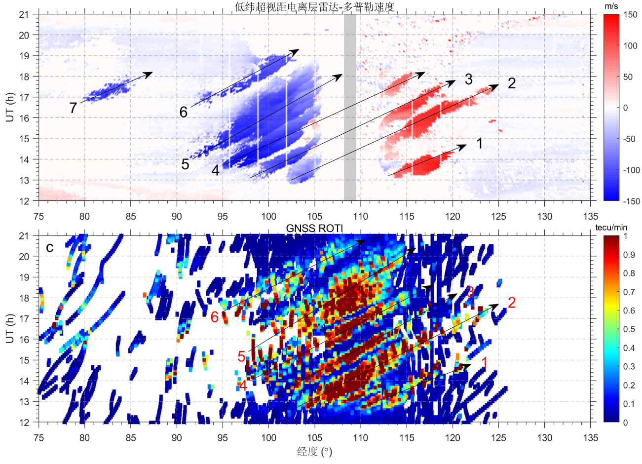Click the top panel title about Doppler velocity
[315, 6]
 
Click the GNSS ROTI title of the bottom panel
[314, 228]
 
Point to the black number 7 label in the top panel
[73, 108]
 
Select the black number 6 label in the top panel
[184, 112]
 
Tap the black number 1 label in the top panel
[479, 143]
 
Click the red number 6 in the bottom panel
[215, 317]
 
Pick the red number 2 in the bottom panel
[512, 303]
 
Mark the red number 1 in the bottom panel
[484, 363]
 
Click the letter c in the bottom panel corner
[49, 247]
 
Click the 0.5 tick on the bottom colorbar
[629, 329]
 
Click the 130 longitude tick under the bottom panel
[545, 437]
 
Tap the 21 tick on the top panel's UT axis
[24, 14]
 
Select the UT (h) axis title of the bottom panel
[10, 329]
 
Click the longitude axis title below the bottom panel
[314, 452]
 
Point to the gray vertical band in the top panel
[350, 108]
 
